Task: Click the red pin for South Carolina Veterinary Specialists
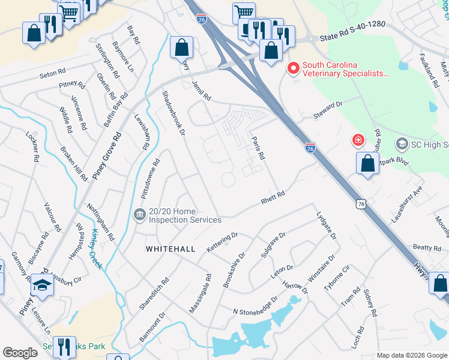click(x=294, y=69)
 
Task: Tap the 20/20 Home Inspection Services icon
click(x=139, y=214)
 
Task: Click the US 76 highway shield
click(x=361, y=204)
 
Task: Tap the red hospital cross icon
click(x=358, y=140)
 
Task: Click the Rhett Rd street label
click(x=272, y=198)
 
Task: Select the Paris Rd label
click(x=258, y=148)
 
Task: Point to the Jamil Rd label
click(x=201, y=90)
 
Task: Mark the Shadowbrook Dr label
click(x=175, y=112)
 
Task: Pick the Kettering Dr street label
click(x=222, y=242)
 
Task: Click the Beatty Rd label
click(x=427, y=247)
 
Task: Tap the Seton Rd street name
click(x=52, y=74)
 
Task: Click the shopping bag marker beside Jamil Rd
click(x=181, y=48)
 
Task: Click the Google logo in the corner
click(x=20, y=353)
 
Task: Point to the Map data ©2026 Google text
click(x=412, y=355)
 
